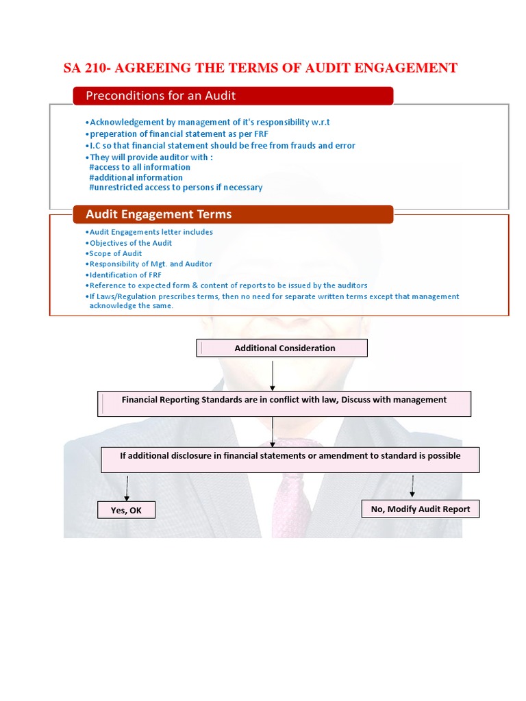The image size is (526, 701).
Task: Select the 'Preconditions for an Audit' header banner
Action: tap(233, 96)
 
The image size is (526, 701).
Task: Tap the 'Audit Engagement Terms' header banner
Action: tap(233, 214)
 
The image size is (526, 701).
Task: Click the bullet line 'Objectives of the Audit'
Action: tap(130, 243)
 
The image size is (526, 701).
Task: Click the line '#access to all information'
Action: tap(140, 167)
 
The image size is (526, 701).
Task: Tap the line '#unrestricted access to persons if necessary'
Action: tap(175, 188)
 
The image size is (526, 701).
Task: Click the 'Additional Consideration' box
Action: tap(282, 348)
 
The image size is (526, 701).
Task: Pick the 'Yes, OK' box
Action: tap(126, 510)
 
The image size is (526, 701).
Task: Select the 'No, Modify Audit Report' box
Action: tap(420, 509)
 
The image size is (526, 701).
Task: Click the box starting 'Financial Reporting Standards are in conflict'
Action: tap(284, 403)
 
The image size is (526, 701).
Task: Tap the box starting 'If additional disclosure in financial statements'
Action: tap(290, 459)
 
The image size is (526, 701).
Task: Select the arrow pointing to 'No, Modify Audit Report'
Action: tap(412, 485)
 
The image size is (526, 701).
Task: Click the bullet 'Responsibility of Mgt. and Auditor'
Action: tap(150, 264)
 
